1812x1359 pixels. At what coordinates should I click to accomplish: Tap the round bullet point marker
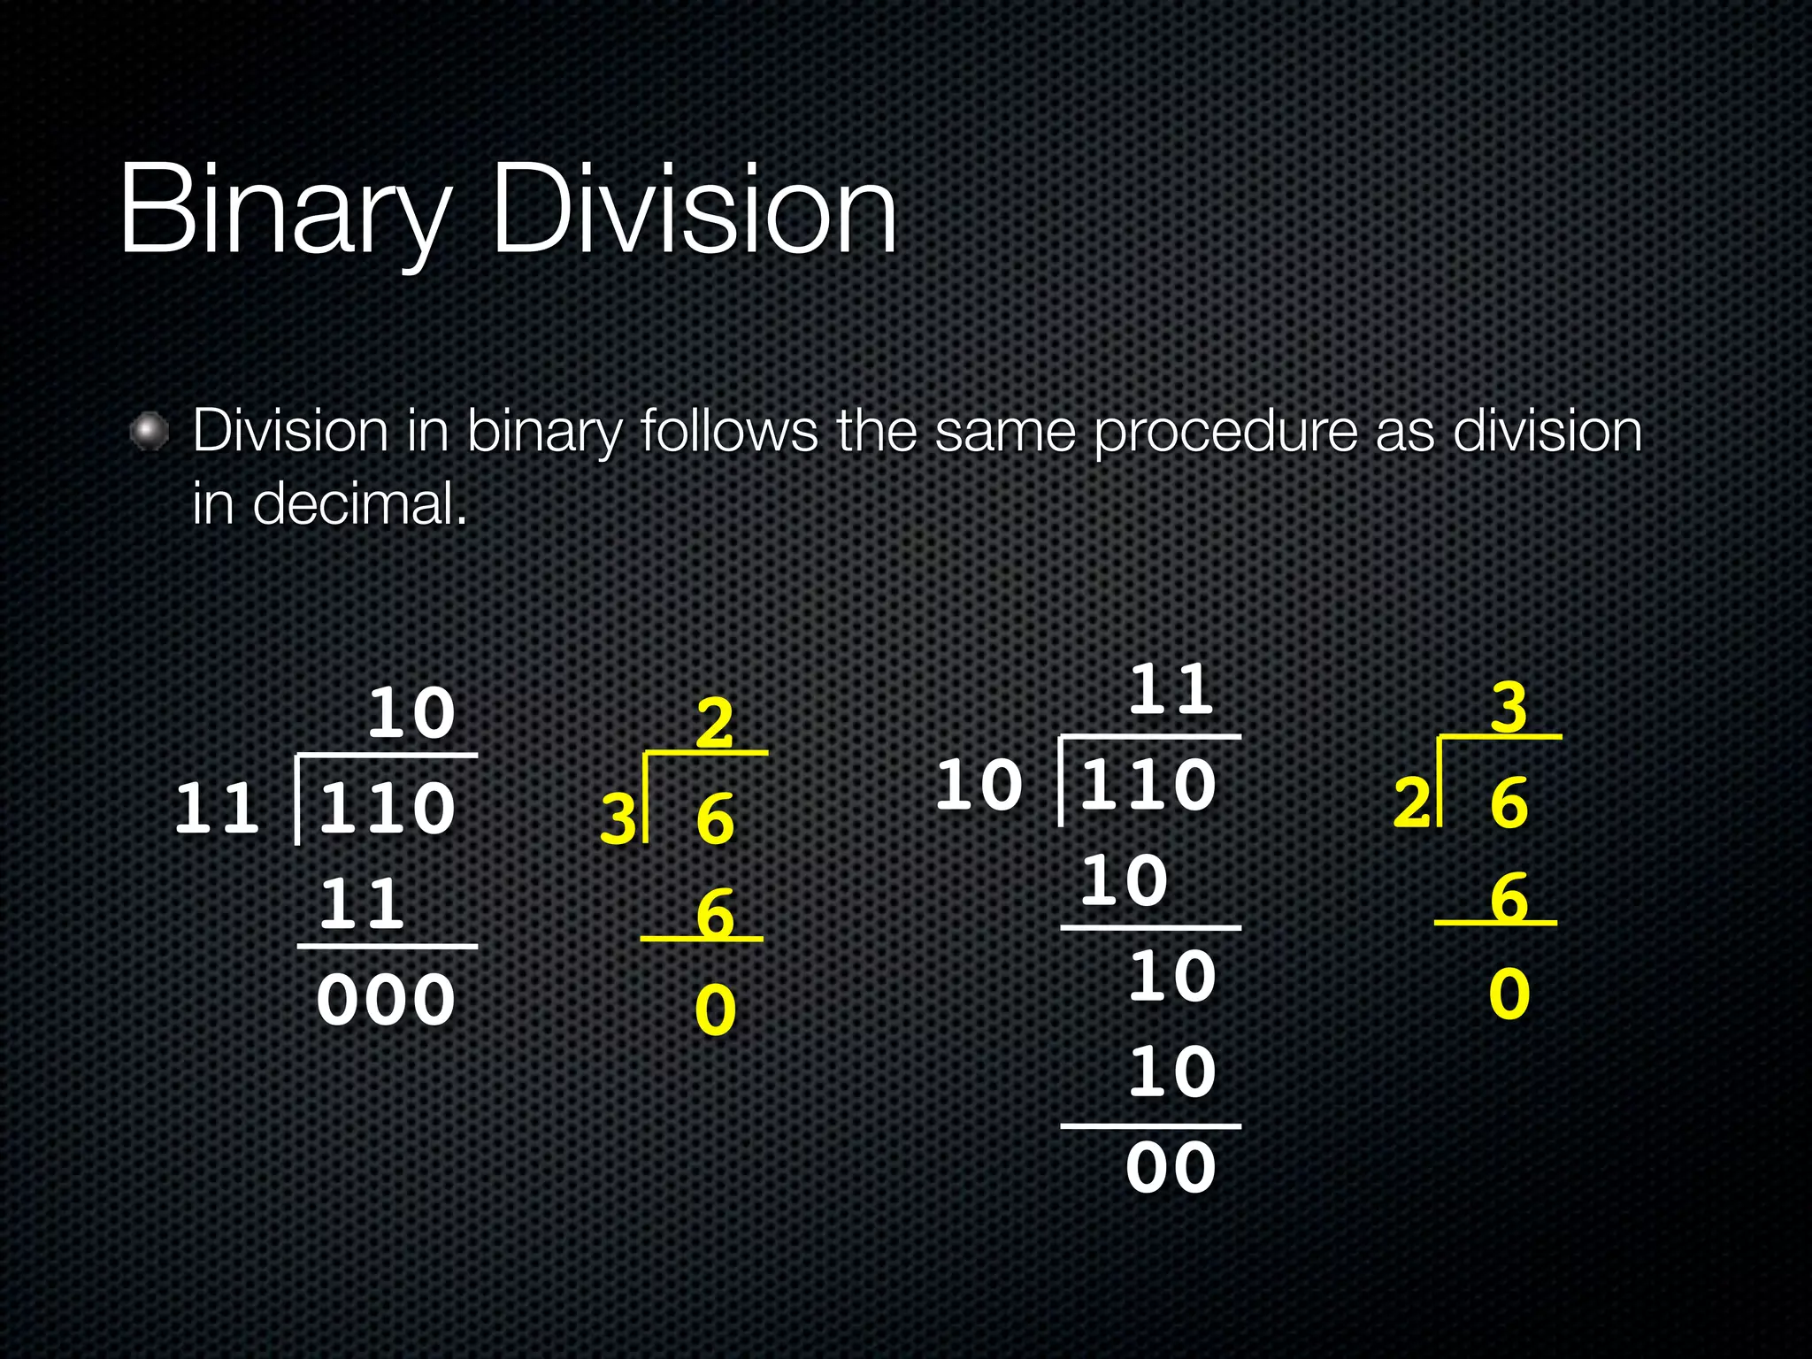[149, 432]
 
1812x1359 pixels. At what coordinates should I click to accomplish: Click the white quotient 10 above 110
[411, 713]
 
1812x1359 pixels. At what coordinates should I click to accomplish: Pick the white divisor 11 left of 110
[218, 809]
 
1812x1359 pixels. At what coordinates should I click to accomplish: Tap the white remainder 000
[386, 1001]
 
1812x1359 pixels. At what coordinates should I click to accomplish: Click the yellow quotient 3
[1509, 707]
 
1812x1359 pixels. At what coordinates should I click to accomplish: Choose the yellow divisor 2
[1412, 802]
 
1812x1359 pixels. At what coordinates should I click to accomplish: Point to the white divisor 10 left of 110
[979, 785]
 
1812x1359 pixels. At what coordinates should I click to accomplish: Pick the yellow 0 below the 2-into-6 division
[1509, 994]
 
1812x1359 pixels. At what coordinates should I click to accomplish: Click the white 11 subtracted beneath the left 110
[362, 904]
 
